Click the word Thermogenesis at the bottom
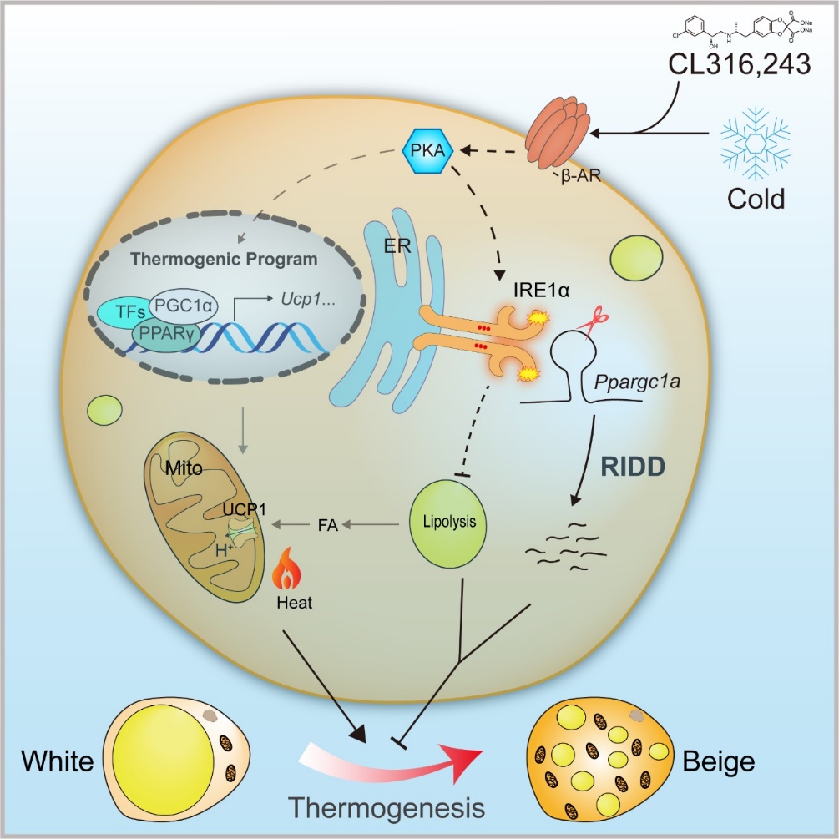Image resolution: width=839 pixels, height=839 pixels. (x=386, y=808)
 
